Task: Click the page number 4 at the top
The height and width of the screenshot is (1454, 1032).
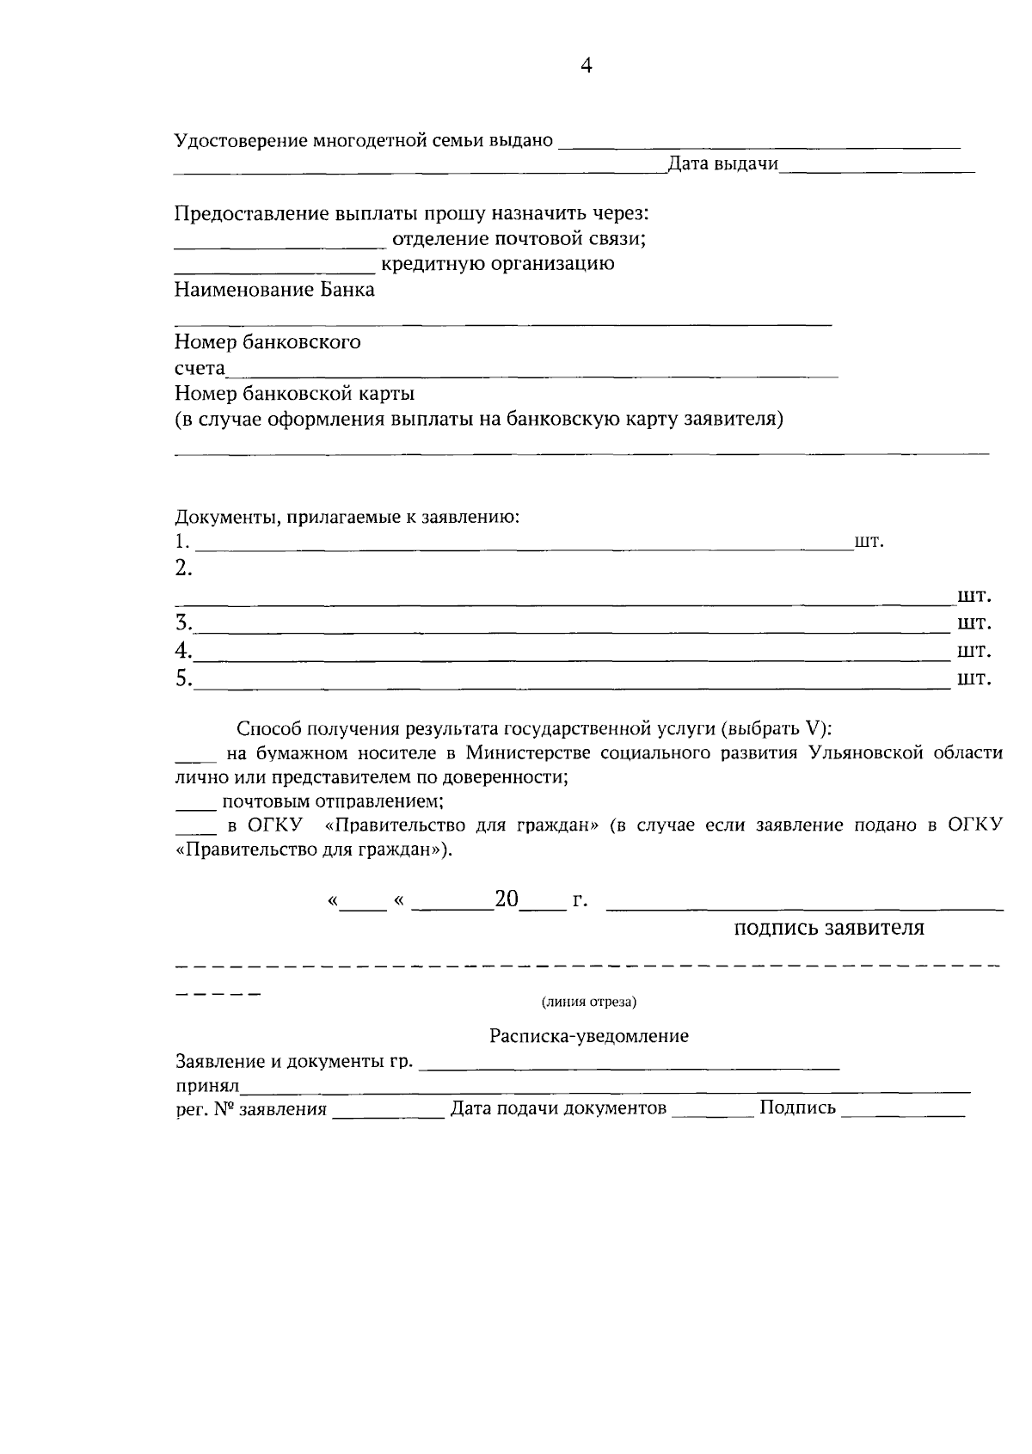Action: [x=586, y=67]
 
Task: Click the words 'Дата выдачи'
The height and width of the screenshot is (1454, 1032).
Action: [x=722, y=164]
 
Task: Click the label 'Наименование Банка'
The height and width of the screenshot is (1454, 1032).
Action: [x=274, y=290]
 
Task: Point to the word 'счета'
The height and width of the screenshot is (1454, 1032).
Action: [x=200, y=369]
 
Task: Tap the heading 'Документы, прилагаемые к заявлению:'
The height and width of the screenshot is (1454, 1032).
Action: [x=347, y=518]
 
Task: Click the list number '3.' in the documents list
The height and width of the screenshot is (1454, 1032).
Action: [x=183, y=623]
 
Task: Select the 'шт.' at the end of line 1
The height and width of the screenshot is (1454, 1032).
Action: [x=869, y=543]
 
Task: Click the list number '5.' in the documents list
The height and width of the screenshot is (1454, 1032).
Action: [x=183, y=678]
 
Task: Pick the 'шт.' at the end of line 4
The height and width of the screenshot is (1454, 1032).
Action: [x=974, y=650]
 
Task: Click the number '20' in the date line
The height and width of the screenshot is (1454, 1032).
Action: [x=507, y=900]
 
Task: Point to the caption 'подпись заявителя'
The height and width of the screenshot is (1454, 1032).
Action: [x=829, y=929]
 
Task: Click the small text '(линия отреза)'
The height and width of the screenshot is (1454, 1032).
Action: [x=589, y=1003]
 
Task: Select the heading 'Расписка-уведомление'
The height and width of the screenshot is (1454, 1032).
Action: [x=589, y=1036]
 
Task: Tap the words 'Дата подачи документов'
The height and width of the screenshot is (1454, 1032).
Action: [x=559, y=1108]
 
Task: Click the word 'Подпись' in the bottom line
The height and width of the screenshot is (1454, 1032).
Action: [x=797, y=1108]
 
